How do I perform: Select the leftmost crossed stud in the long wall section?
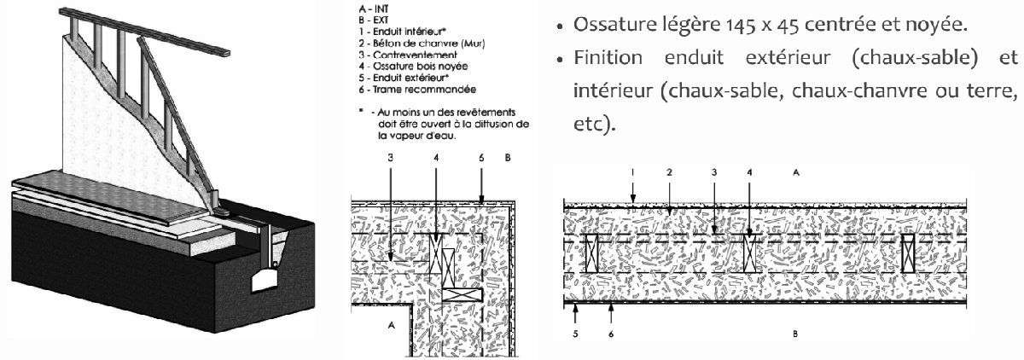click(587, 254)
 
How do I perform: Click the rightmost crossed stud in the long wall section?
click(910, 254)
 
